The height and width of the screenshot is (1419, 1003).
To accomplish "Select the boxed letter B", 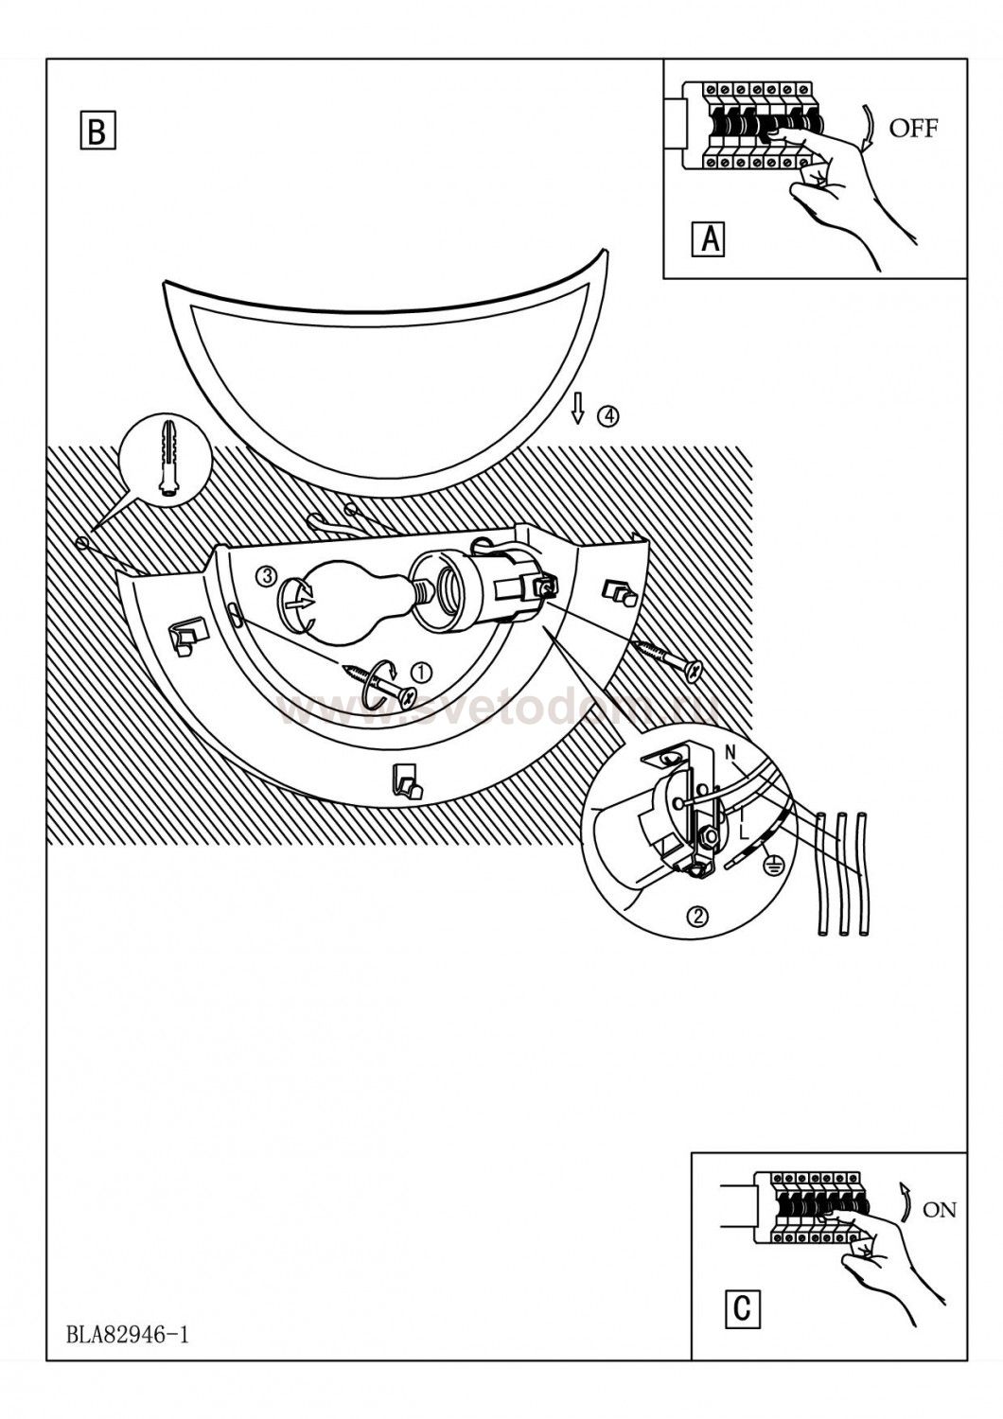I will click(97, 131).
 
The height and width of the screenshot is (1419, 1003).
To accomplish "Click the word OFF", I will click(913, 129).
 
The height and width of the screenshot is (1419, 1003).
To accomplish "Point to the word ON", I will click(939, 1209).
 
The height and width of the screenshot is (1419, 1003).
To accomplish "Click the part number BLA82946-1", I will click(129, 1335).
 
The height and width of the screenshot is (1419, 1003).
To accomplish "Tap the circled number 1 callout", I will click(421, 671).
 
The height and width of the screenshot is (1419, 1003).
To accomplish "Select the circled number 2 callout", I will click(698, 915).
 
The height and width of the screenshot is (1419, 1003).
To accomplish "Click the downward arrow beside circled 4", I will click(578, 408).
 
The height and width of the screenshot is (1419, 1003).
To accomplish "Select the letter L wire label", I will click(744, 830).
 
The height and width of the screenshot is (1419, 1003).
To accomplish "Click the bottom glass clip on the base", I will click(405, 781).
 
